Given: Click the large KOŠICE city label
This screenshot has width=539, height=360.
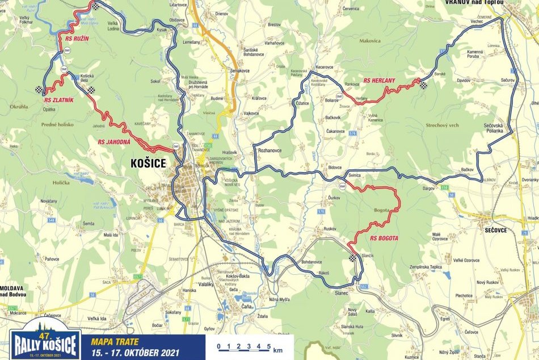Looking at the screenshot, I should click(148, 164).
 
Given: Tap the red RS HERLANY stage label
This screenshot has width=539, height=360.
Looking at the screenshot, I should click(379, 80).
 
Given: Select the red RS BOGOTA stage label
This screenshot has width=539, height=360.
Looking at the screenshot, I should click(385, 238).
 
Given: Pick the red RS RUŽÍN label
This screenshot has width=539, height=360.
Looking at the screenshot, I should click(74, 40).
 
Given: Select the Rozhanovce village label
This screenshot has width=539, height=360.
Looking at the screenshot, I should click(270, 150).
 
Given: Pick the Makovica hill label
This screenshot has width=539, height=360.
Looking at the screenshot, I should click(369, 41).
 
